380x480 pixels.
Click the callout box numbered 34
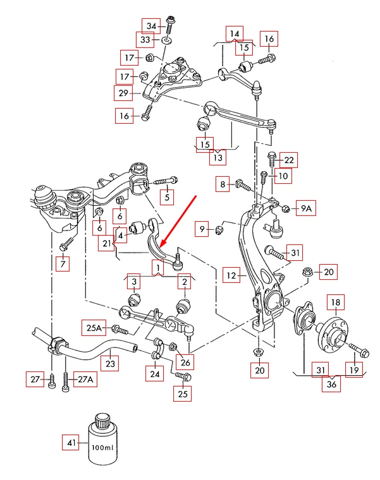coord(150,26)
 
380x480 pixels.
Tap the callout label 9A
coord(306,208)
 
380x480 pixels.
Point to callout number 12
coord(231,275)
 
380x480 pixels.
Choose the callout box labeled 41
coord(70,443)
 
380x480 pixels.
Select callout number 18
coord(334,303)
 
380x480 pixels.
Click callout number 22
coord(289,160)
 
